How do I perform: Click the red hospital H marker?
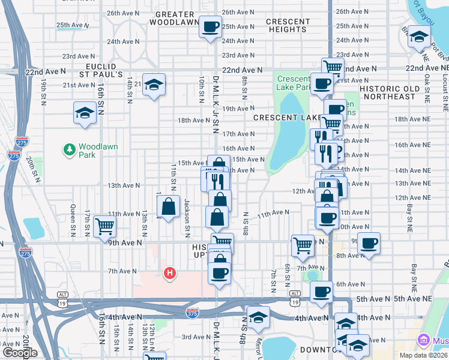pyautogui.click(x=170, y=274)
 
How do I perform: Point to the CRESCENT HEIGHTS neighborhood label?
pyautogui.click(x=288, y=25)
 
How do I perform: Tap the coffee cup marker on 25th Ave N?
pyautogui.click(x=211, y=27)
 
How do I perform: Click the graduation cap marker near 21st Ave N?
pyautogui.click(x=154, y=85)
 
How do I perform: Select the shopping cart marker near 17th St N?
pyautogui.click(x=104, y=226)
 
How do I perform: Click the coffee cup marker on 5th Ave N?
pyautogui.click(x=322, y=292)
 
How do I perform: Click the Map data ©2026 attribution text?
pyautogui.click(x=424, y=355)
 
